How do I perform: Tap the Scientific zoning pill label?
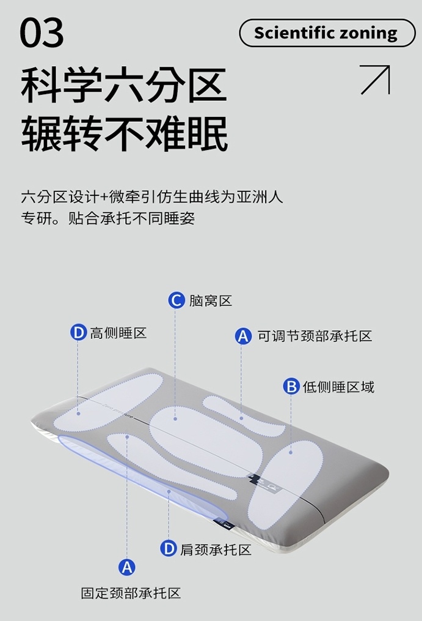point(326,33)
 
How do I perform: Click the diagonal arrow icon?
point(375,80)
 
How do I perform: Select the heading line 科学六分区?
point(124,86)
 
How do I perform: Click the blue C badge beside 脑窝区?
point(176,300)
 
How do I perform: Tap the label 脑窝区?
point(210,300)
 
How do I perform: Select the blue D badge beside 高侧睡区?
point(78,333)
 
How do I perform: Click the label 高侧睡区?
point(118,333)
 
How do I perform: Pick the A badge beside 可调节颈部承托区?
point(243,336)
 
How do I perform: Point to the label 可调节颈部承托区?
point(315,336)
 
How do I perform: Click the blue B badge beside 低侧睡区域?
point(291,387)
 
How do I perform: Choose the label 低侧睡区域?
point(338,387)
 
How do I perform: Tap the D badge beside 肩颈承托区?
point(169,549)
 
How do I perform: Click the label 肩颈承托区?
point(216,549)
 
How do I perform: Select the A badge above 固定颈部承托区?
point(126,567)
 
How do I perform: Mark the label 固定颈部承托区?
point(131,593)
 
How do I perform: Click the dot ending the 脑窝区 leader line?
point(175,418)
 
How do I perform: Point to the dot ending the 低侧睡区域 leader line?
point(291,452)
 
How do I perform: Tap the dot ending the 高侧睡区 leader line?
point(79,413)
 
